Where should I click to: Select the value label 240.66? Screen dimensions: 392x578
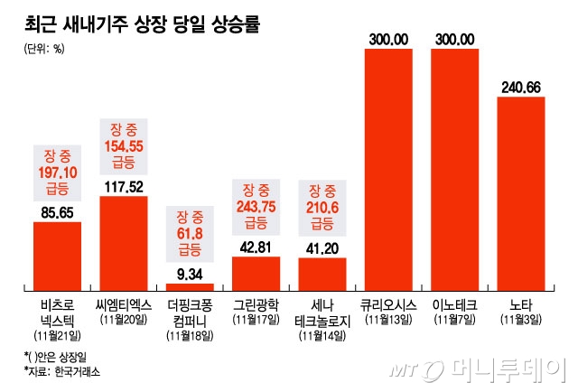[x=521, y=87]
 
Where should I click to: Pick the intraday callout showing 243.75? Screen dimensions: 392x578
[x=256, y=206]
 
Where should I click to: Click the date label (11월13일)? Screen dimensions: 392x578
[x=389, y=320]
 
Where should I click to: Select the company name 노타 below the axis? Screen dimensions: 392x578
[x=521, y=305]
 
